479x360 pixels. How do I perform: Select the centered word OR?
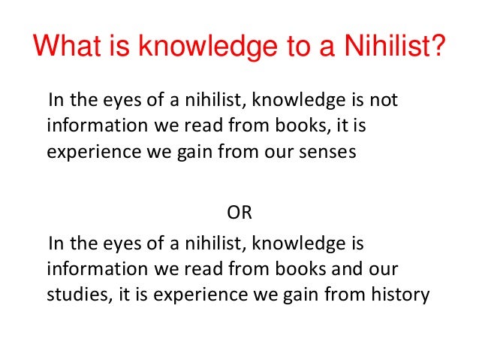click(239, 213)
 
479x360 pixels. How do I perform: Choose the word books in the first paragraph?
click(295, 126)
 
